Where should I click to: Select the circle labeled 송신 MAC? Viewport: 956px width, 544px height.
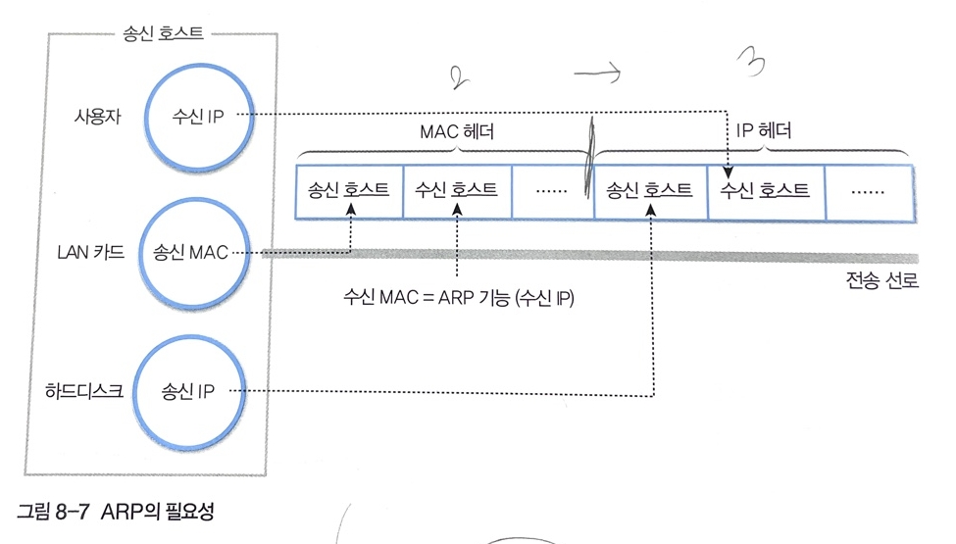click(x=192, y=252)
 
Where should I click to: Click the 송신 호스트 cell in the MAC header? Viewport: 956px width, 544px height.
click(x=349, y=189)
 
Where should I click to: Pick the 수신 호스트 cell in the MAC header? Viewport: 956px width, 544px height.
click(x=457, y=189)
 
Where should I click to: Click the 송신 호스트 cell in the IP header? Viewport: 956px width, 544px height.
click(x=651, y=189)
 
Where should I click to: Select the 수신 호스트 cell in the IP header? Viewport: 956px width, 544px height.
click(x=765, y=189)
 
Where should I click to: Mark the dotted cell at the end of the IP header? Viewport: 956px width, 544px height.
click(x=868, y=189)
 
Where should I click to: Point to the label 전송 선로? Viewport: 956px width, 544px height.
click(x=882, y=283)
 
